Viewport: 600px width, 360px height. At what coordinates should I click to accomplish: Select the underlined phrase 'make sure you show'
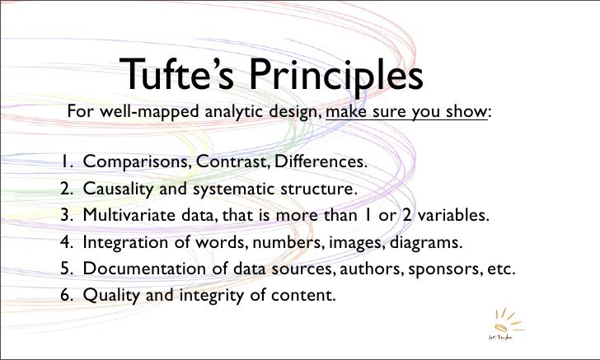[x=407, y=112]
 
